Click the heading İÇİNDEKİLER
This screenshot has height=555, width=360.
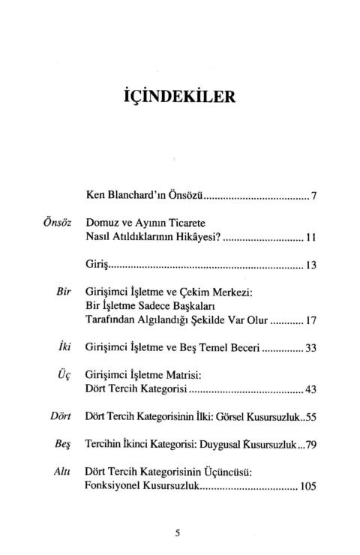pos(178,98)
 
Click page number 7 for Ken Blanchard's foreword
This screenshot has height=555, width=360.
pos(316,196)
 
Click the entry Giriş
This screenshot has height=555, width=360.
pos(98,265)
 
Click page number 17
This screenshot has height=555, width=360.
pos(313,321)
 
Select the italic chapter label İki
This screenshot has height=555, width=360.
pos(64,349)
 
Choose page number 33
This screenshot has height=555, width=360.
pos(312,349)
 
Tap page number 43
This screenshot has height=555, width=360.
pos(312,390)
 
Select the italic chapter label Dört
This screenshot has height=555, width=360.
pos(59,417)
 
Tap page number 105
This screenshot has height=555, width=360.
pos(309,486)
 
